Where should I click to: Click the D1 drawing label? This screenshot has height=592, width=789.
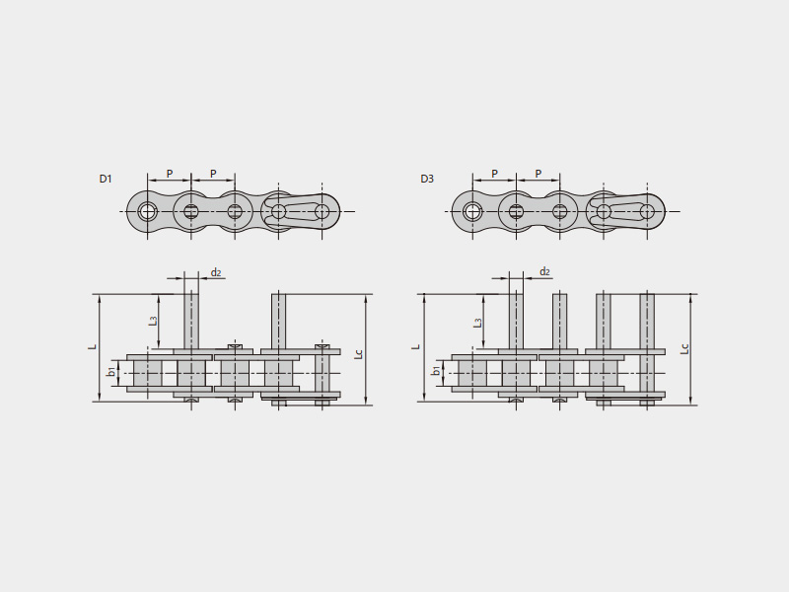106,179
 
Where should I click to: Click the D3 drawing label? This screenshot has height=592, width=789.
427,179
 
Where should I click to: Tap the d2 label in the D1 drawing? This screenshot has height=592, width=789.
216,272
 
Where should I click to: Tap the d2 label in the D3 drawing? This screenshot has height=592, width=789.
545,272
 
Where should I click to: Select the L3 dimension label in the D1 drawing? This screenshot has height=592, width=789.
154,320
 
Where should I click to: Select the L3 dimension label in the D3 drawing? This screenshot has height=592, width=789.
478,323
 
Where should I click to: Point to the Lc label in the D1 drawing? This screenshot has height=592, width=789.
358,354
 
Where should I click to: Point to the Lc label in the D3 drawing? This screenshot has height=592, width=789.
683,348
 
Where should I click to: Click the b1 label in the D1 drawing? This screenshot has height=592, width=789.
110,372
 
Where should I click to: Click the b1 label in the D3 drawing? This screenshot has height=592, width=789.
436,371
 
